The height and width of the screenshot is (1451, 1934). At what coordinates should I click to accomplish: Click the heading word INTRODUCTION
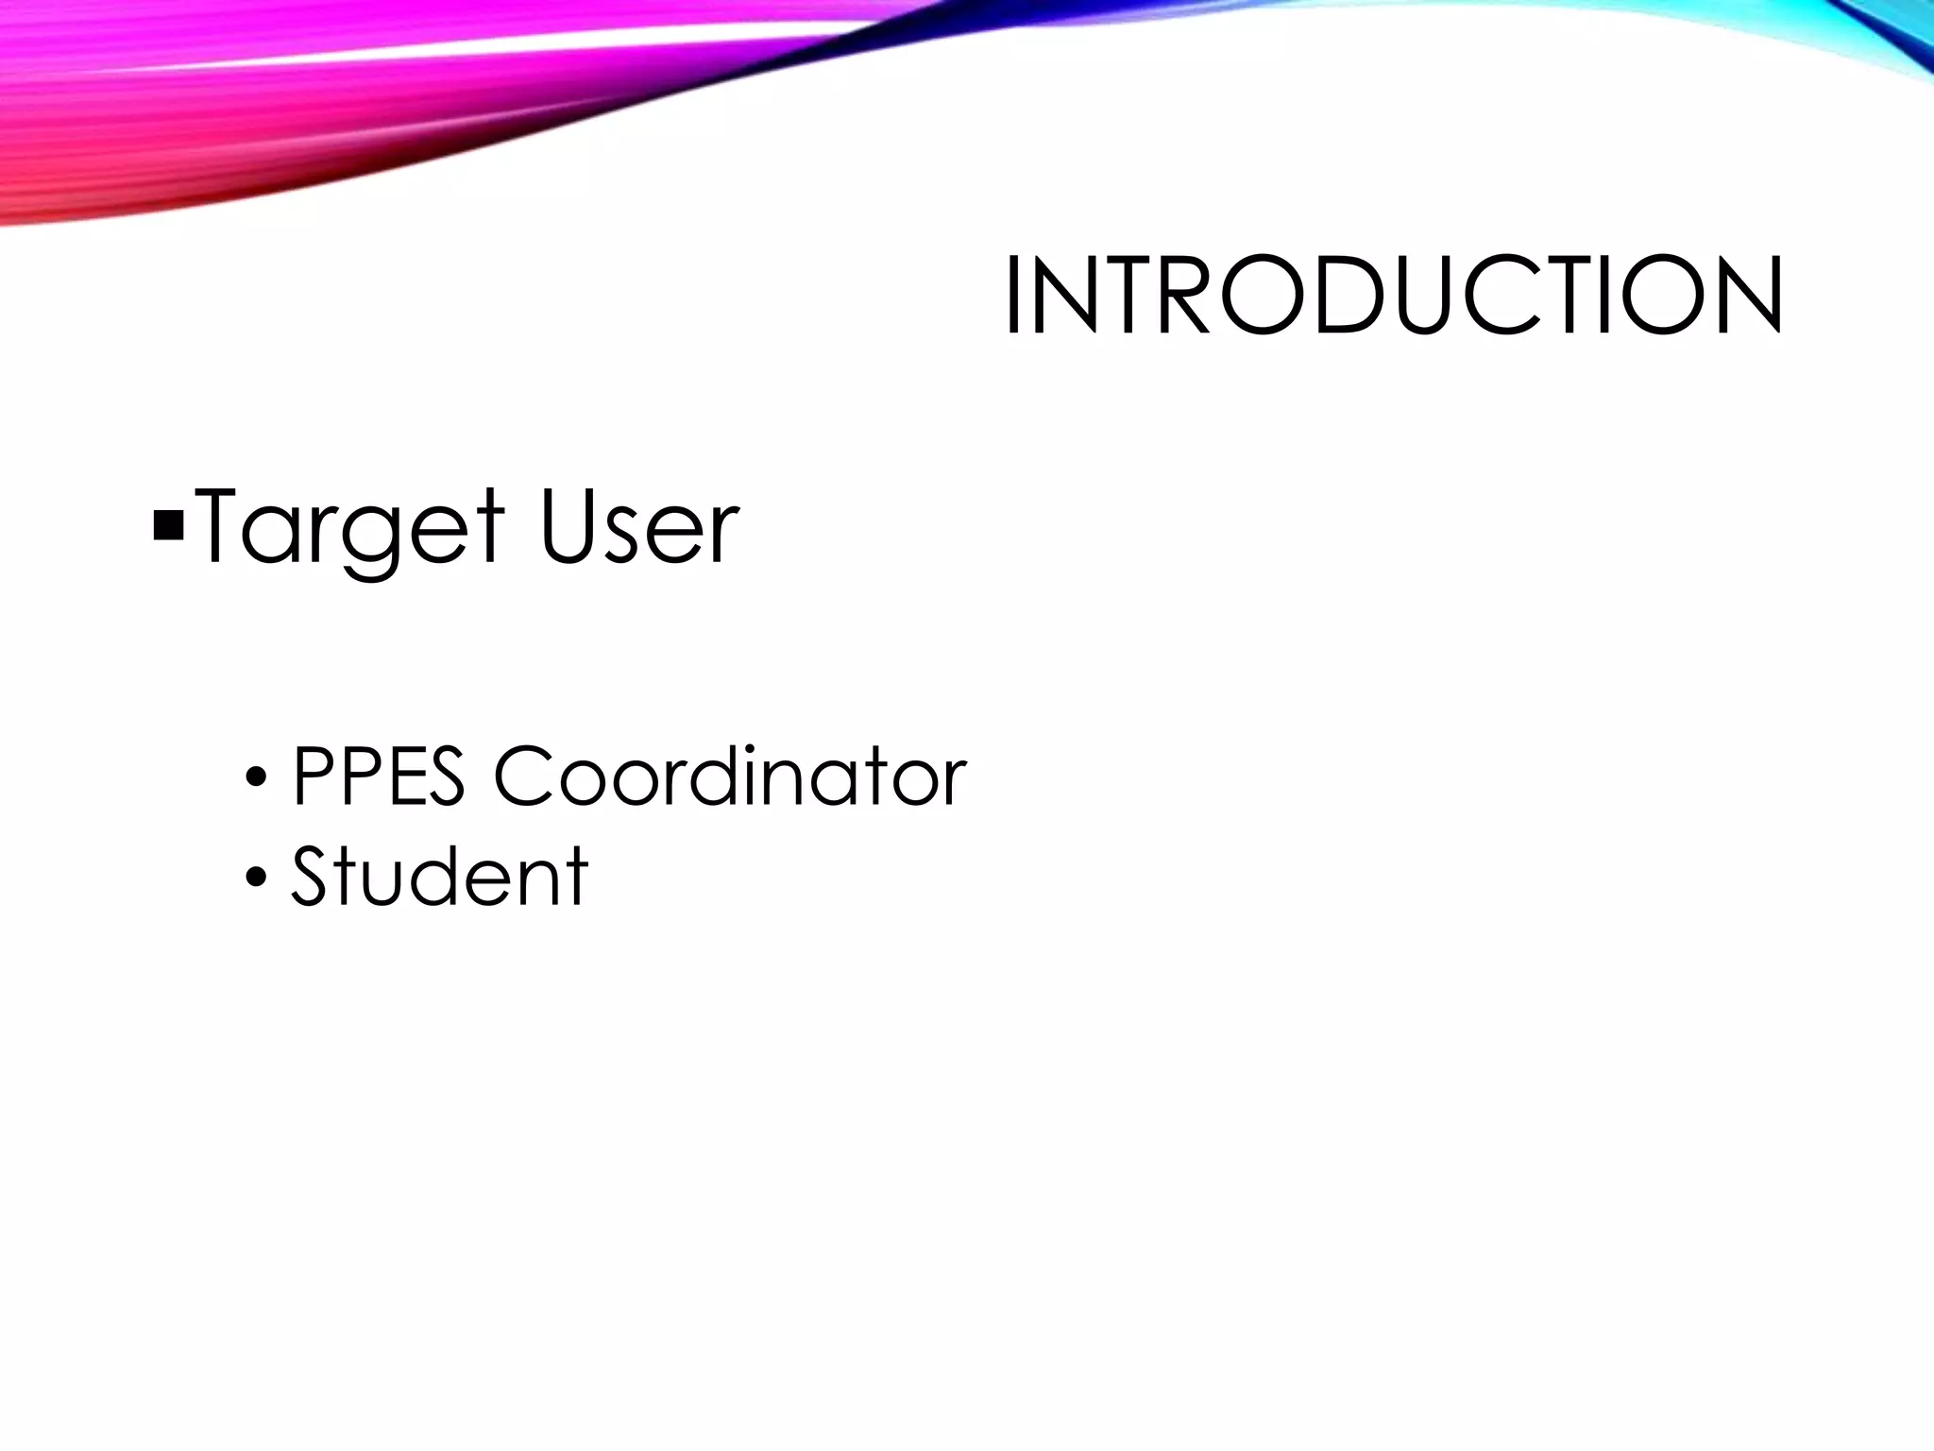pos(1394,296)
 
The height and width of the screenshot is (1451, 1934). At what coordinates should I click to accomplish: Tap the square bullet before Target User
pos(167,525)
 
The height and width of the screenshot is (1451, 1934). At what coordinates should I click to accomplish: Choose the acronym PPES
pos(379,777)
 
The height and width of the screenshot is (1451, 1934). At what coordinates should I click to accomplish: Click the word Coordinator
pos(730,777)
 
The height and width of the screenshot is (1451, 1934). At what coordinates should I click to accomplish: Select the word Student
pos(440,876)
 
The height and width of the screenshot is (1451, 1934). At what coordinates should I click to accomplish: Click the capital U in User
pos(570,527)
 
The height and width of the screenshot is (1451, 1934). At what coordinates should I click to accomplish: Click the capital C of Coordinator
pos(525,777)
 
